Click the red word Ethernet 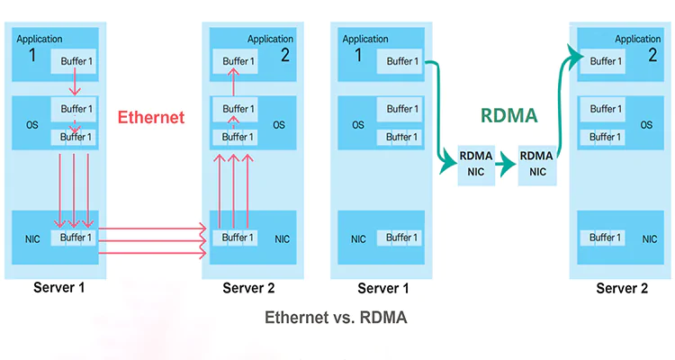(151, 117)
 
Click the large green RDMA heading (509, 115)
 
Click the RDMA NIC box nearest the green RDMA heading (475, 163)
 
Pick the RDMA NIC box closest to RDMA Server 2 (537, 163)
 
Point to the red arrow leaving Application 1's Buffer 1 (75, 85)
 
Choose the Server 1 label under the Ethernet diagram (60, 289)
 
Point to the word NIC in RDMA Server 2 (649, 239)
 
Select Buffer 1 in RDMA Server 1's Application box (401, 61)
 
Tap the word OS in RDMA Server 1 (358, 125)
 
